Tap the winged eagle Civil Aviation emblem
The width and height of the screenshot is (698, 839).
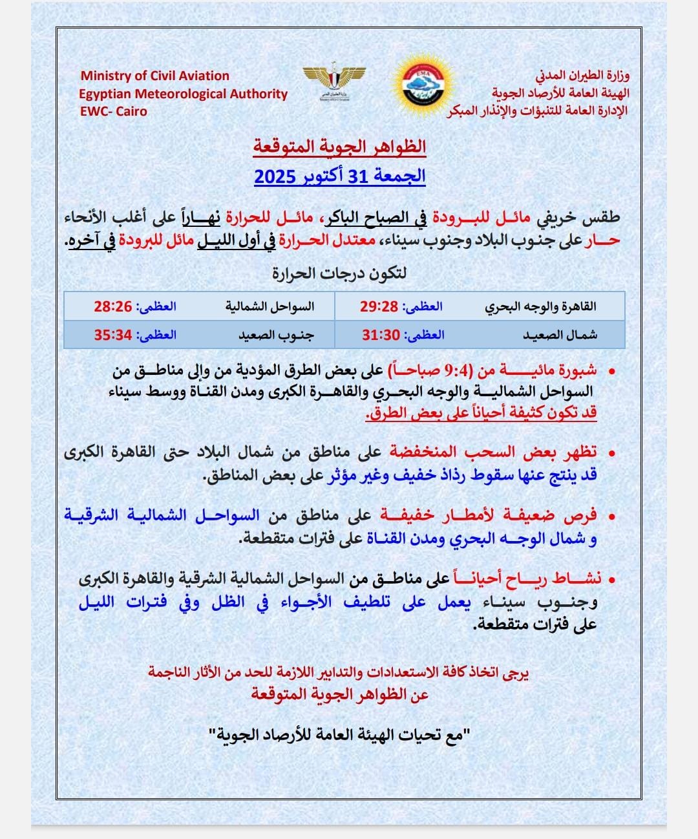point(334,81)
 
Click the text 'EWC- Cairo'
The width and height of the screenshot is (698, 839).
point(114,111)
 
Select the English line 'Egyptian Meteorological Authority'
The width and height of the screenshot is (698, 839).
point(183,94)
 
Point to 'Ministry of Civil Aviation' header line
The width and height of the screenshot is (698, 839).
point(155,76)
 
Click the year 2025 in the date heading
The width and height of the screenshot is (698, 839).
point(275,176)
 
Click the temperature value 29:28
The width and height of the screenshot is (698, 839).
point(379,306)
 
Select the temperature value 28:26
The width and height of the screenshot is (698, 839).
point(112,306)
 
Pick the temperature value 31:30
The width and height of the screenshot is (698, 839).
point(381,335)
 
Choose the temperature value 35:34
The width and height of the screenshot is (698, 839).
point(112,335)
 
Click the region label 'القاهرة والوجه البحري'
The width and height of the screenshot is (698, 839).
point(541,307)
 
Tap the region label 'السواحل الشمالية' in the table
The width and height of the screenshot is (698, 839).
point(270,306)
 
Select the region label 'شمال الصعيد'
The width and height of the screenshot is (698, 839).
point(560,335)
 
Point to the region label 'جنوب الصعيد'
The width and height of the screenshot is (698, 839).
point(276,335)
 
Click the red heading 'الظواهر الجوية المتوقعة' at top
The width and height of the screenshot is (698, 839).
point(339,147)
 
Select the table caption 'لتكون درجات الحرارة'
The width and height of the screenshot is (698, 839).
point(339,273)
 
